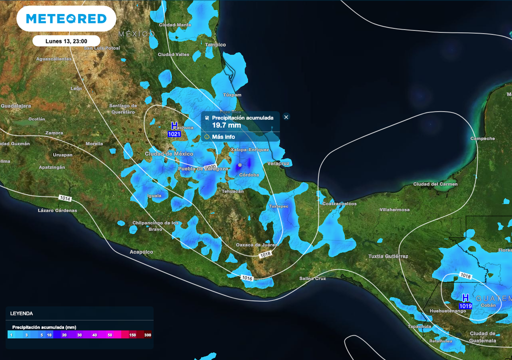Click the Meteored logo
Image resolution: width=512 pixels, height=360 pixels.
tap(66, 19)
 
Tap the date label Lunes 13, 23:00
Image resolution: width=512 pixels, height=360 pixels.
tap(66, 41)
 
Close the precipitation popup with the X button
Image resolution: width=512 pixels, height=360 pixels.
tap(286, 117)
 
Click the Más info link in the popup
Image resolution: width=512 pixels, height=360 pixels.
tap(223, 136)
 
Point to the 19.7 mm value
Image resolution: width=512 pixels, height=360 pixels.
tap(226, 125)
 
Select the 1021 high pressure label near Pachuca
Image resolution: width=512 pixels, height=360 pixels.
tap(174, 134)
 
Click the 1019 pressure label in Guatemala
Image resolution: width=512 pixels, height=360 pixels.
tap(465, 305)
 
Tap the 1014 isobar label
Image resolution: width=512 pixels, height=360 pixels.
tap(65, 198)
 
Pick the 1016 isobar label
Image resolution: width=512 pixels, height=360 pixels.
tap(246, 277)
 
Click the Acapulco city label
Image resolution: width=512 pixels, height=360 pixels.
tap(141, 252)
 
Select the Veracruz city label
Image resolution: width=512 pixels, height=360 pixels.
tap(278, 163)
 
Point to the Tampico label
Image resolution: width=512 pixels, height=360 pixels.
tap(215, 44)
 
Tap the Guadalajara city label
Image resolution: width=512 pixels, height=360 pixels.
tap(15, 106)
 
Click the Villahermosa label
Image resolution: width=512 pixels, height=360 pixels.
tap(394, 209)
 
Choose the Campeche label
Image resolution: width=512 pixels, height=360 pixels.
tap(482, 138)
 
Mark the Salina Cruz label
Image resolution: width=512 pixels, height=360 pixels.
tap(312, 278)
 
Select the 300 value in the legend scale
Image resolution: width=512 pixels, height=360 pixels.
tap(147, 335)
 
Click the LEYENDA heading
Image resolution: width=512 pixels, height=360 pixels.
tap(21, 313)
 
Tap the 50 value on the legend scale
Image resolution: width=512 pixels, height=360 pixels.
tap(109, 335)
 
